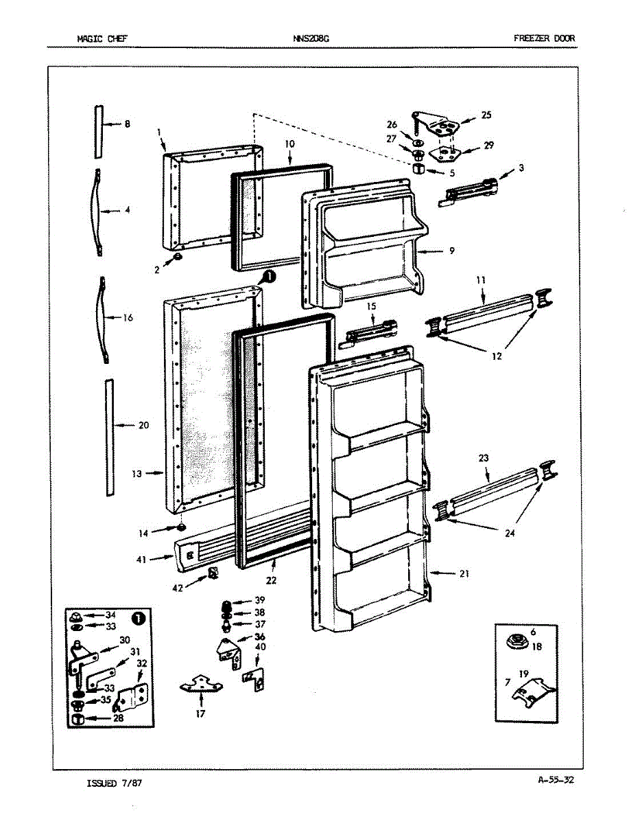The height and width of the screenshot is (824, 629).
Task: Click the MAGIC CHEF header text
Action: pyautogui.click(x=102, y=38)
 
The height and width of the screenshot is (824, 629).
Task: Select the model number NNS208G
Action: pyautogui.click(x=311, y=38)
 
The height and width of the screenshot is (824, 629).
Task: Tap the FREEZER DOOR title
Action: pyautogui.click(x=544, y=38)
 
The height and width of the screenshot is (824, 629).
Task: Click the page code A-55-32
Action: pyautogui.click(x=556, y=779)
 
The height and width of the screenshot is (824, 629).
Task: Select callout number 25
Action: pyautogui.click(x=486, y=115)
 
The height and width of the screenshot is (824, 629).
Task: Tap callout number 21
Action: pyautogui.click(x=464, y=574)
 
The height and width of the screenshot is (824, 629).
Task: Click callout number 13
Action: pyautogui.click(x=137, y=473)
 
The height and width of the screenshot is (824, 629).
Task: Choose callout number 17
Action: pyautogui.click(x=202, y=714)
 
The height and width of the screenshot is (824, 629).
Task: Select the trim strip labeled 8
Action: pyautogui.click(x=99, y=131)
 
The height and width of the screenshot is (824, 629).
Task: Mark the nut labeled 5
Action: pyautogui.click(x=417, y=168)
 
